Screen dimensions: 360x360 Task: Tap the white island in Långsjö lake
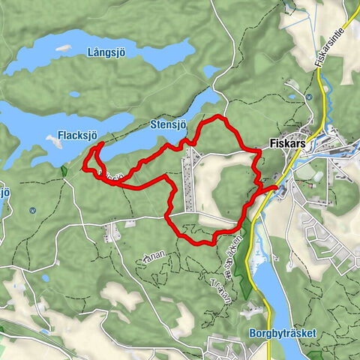pyautogui.click(x=63, y=48)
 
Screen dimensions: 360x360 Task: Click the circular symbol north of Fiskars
pyautogui.click(x=309, y=97)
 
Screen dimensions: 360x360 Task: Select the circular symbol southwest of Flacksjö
pyautogui.click(x=32, y=211)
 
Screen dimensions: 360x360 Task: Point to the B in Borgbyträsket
pyautogui.click(x=250, y=334)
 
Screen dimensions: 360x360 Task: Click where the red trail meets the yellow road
pyautogui.click(x=274, y=186)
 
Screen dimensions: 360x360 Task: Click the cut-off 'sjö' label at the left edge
pyautogui.click(x=4, y=192)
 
